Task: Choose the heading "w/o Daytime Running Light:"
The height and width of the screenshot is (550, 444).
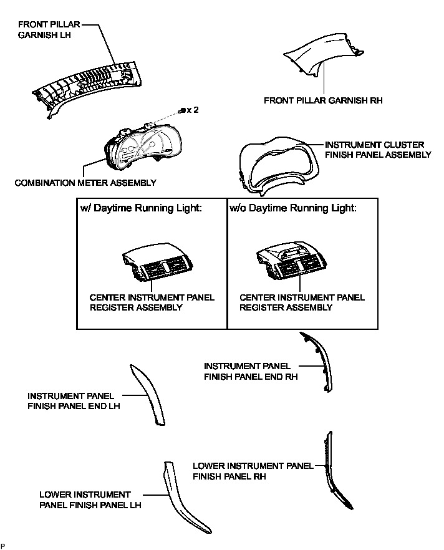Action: [x=292, y=208]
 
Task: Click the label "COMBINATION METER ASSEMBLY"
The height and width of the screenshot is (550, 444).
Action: [x=85, y=183]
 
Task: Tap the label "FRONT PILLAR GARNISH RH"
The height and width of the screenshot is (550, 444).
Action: [x=323, y=100]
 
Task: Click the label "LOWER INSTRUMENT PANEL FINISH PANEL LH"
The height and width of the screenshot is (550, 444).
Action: [x=90, y=499]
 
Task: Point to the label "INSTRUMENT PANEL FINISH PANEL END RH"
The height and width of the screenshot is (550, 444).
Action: [x=251, y=371]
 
